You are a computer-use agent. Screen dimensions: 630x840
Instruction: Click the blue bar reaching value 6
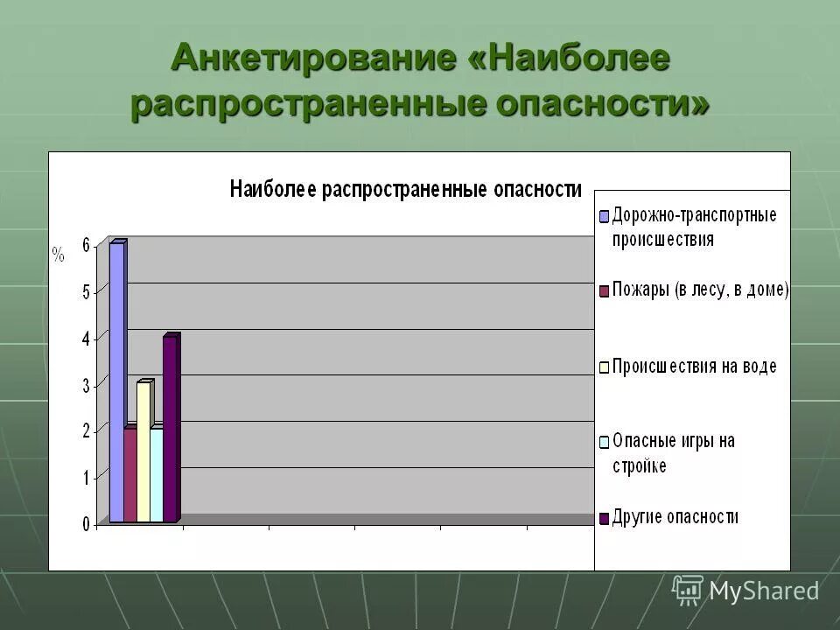pyautogui.click(x=116, y=382)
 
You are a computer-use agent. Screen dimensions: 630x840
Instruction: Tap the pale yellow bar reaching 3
pyautogui.click(x=143, y=452)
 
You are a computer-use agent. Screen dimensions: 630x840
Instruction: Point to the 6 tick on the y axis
pyautogui.click(x=86, y=246)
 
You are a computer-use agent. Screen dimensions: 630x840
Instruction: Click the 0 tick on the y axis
pyautogui.click(x=86, y=524)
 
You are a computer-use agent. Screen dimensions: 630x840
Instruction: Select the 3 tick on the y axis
pyautogui.click(x=86, y=385)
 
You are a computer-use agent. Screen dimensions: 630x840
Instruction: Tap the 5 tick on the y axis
pyautogui.click(x=86, y=292)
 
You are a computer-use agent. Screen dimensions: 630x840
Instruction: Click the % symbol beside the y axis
pyautogui.click(x=59, y=255)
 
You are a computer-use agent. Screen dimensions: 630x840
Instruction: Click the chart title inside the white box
pyautogui.click(x=405, y=189)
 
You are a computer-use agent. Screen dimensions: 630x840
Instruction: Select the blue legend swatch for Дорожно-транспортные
pyautogui.click(x=604, y=216)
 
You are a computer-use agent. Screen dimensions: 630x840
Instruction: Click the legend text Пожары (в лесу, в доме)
pyautogui.click(x=700, y=290)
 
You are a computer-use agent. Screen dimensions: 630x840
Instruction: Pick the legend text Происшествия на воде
pyautogui.click(x=694, y=367)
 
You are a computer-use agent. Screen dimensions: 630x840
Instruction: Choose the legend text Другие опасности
pyautogui.click(x=675, y=517)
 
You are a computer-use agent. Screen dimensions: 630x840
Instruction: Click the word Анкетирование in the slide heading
pyautogui.click(x=312, y=59)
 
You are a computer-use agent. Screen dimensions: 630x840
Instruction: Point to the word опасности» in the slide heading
pyautogui.click(x=603, y=103)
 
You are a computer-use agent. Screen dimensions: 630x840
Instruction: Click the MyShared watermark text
pyautogui.click(x=764, y=591)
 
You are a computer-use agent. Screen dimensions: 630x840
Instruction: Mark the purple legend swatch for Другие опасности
pyautogui.click(x=604, y=519)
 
